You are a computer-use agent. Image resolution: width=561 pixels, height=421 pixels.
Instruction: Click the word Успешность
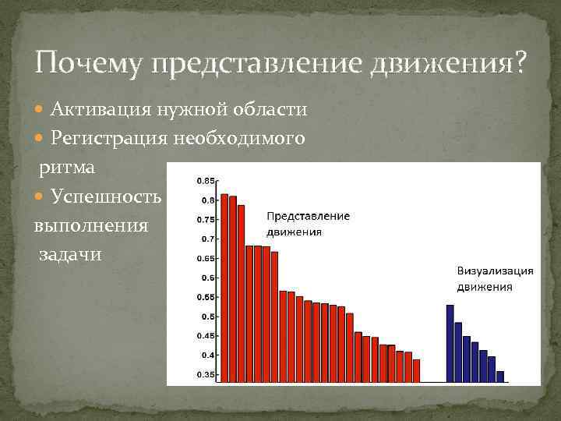pyautogui.click(x=106, y=196)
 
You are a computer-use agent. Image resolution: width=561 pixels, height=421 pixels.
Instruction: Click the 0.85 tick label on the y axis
pyautogui.click(x=206, y=181)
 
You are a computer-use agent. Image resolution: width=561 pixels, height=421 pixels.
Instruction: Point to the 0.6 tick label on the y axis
pyautogui.click(x=208, y=278)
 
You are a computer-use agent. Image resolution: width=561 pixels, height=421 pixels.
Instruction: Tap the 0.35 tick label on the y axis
pyautogui.click(x=206, y=375)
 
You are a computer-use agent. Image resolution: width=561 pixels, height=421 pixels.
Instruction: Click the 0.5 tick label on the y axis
pyautogui.click(x=208, y=317)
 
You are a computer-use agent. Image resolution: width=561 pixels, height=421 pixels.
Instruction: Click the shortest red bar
pyautogui.click(x=416, y=370)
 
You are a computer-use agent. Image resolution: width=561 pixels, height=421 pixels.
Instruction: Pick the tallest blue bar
pyautogui.click(x=450, y=343)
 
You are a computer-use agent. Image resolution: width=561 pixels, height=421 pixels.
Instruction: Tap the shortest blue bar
pyautogui.click(x=500, y=376)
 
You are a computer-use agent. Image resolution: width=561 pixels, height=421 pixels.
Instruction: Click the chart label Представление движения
pyautogui.click(x=308, y=224)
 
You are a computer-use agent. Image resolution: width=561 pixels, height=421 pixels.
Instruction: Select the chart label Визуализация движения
pyautogui.click(x=495, y=278)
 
